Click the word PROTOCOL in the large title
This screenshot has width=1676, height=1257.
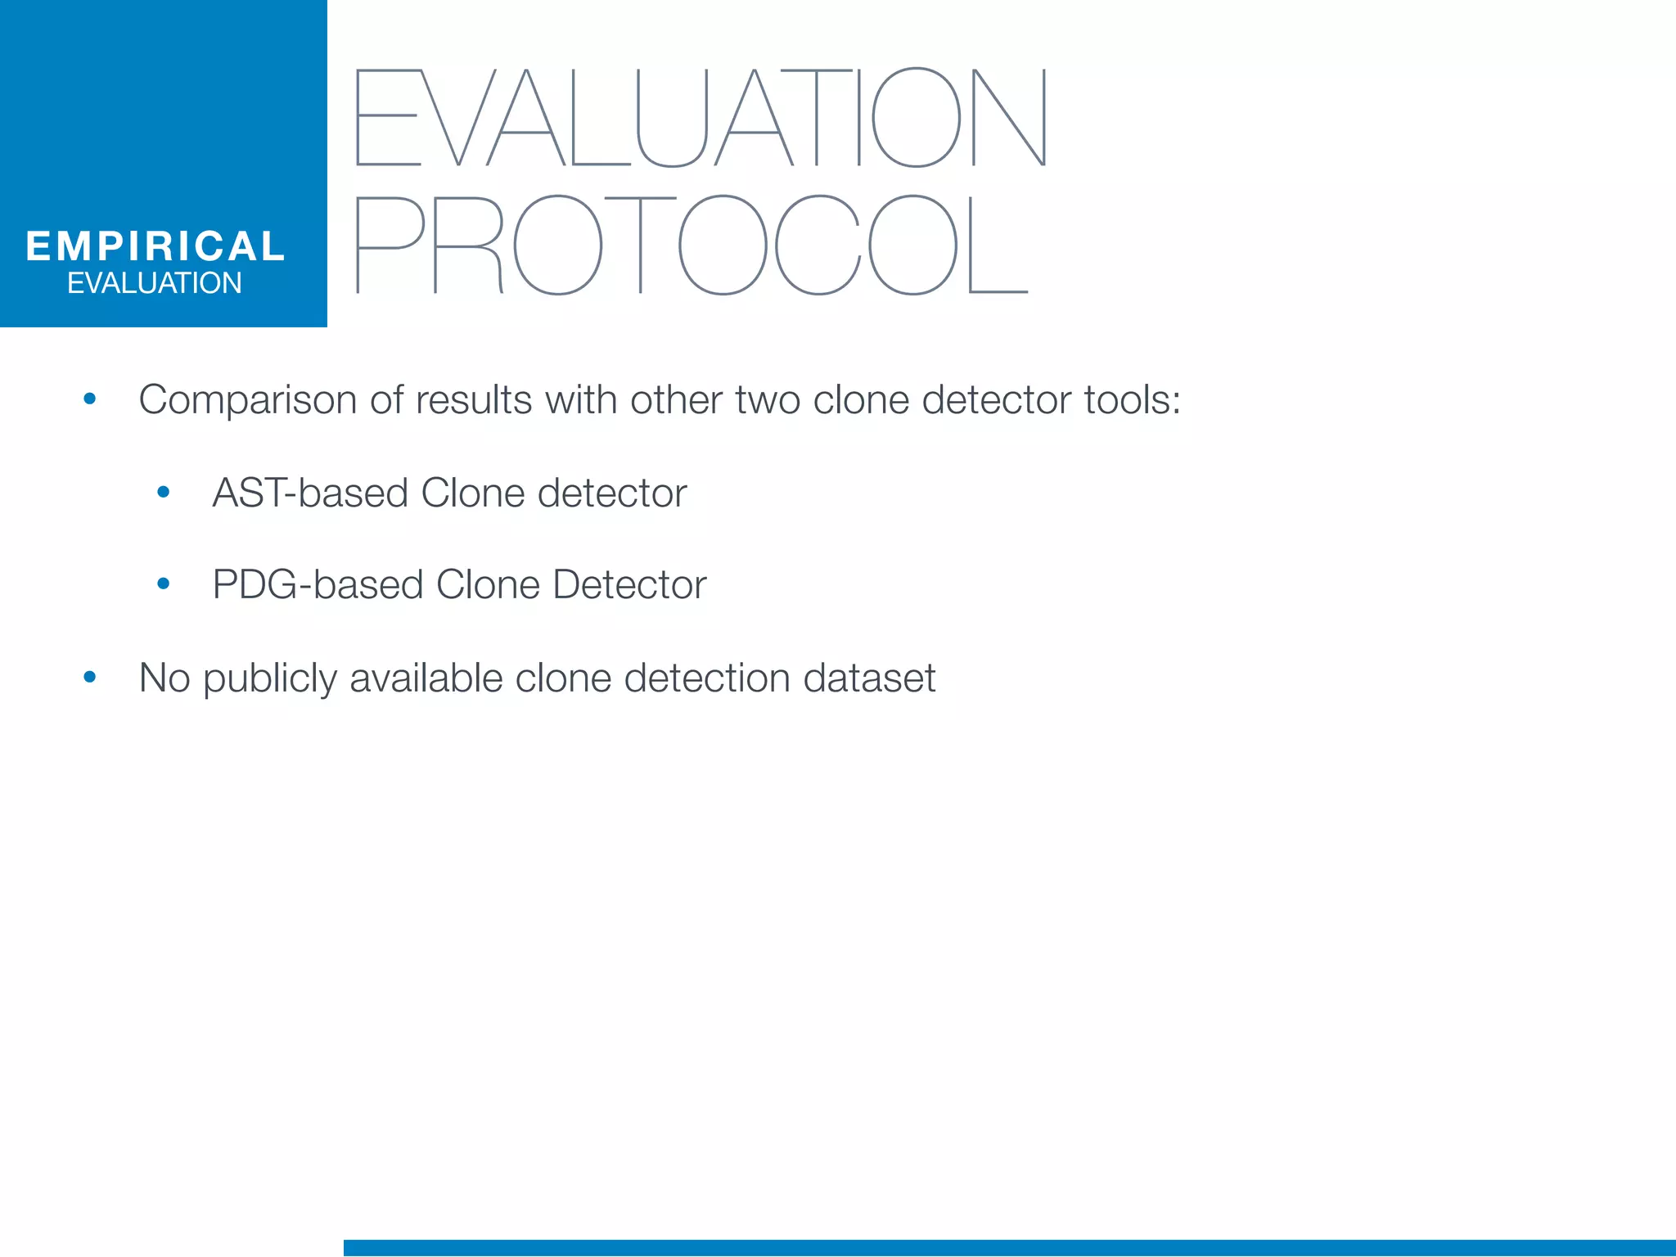click(x=692, y=245)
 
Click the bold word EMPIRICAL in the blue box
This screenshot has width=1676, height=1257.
click(x=155, y=246)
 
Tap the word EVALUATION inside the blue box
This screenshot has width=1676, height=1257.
click(x=155, y=283)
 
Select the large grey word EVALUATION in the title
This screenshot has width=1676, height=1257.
click(x=701, y=118)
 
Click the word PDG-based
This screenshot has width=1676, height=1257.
click(x=318, y=585)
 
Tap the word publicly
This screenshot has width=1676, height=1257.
click(x=269, y=679)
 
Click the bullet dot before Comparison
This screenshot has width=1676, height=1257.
click(x=90, y=399)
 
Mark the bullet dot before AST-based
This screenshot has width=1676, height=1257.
click(x=164, y=492)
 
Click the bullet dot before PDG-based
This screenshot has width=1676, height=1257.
click(x=164, y=583)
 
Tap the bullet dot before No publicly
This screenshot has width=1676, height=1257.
click(x=90, y=677)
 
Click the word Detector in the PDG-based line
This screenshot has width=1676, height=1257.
click(x=628, y=585)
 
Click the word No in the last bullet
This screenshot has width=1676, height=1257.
click(x=164, y=678)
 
